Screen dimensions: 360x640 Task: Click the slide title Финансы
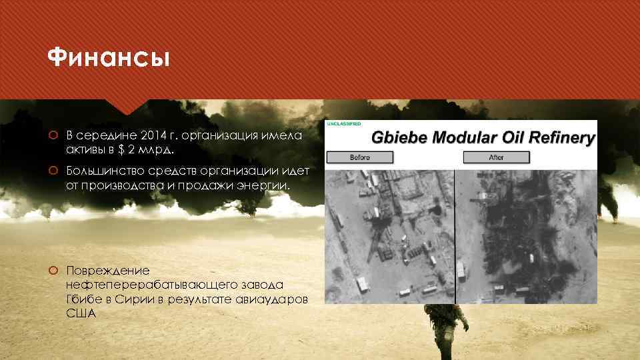(x=109, y=59)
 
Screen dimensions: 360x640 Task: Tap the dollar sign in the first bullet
(x=131, y=148)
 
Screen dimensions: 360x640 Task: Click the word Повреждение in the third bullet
(x=108, y=271)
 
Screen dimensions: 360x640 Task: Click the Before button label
(x=360, y=157)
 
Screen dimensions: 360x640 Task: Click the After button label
(x=496, y=157)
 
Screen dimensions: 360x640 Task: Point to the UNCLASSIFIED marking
(x=344, y=124)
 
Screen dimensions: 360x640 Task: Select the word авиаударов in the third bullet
(x=275, y=299)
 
